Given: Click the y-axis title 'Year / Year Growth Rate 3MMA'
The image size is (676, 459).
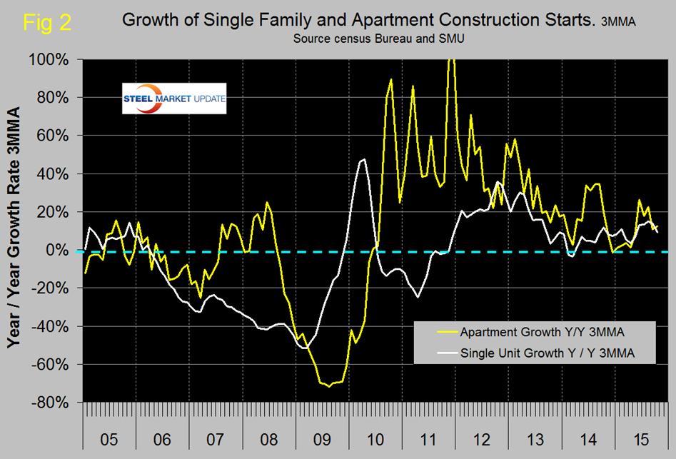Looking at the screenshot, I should [x=16, y=228].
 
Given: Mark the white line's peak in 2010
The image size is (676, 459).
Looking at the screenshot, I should [x=363, y=159].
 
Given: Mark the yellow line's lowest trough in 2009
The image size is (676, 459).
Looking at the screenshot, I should [x=328, y=386].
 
